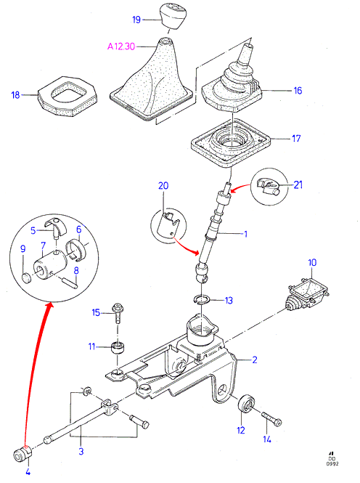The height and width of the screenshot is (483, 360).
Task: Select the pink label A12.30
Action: [121, 46]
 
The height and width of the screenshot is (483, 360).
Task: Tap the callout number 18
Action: [15, 95]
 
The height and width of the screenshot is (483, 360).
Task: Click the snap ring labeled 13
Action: [202, 300]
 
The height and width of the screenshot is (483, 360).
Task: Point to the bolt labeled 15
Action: [117, 312]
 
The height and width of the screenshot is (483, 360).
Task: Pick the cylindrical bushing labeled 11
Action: [118, 348]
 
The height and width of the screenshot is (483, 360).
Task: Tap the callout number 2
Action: [255, 360]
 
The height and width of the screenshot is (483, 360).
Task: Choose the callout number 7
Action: [43, 245]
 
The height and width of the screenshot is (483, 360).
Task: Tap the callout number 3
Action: [81, 452]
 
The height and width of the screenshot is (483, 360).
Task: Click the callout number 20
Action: [163, 186]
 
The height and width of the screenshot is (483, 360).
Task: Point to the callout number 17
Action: [296, 138]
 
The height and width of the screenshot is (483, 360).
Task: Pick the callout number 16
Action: [298, 91]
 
